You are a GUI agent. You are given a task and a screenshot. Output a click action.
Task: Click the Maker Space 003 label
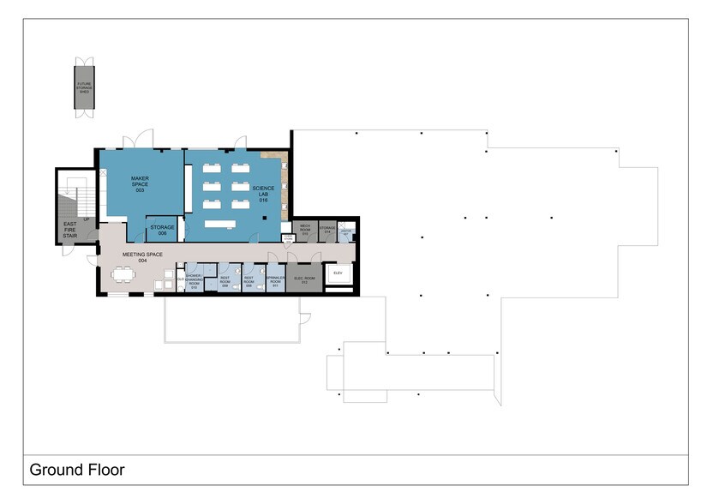[x=140, y=183]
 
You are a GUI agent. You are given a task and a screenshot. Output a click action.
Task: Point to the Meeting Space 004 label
[x=142, y=256]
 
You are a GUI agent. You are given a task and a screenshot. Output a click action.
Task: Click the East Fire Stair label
[x=70, y=229]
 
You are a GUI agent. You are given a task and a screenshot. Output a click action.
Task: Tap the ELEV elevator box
[x=337, y=273]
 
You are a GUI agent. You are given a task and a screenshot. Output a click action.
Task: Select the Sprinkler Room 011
[x=274, y=280]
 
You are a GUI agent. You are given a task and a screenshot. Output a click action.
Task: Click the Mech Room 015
[x=304, y=230]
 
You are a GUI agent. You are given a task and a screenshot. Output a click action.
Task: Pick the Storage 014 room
[x=327, y=230]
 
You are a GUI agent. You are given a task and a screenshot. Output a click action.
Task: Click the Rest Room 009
[x=225, y=280]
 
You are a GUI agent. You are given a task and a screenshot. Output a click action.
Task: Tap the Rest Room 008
[x=249, y=280]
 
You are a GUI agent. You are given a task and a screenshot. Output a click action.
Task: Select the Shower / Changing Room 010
[x=195, y=280]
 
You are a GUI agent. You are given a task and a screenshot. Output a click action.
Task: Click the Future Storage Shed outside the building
[x=85, y=87]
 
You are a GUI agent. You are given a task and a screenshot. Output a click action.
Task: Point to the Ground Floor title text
[x=77, y=470]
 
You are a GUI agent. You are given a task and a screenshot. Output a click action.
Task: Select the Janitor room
[x=345, y=232]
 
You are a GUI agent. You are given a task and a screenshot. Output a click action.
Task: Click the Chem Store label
[x=288, y=238]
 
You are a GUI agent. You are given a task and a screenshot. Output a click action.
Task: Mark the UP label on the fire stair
[x=87, y=219]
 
